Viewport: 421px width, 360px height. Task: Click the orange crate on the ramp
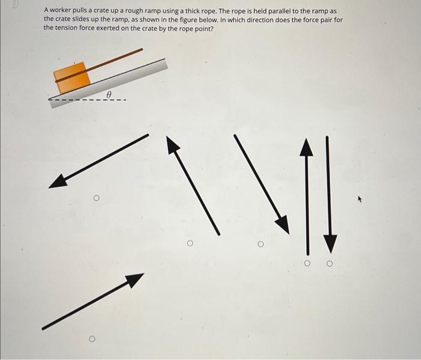click(72, 78)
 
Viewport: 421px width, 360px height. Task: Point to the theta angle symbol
click(109, 94)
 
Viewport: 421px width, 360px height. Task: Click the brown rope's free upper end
click(142, 49)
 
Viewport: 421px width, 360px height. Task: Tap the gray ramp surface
click(109, 83)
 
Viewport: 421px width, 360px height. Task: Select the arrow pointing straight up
click(307, 197)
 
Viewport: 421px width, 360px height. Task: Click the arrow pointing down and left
click(98, 161)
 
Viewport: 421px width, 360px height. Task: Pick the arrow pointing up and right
click(93, 302)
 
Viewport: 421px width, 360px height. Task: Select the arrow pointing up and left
click(193, 185)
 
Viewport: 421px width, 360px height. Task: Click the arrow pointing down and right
click(262, 184)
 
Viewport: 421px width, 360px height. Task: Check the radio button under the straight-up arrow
click(307, 263)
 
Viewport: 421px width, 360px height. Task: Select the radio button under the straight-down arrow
click(330, 264)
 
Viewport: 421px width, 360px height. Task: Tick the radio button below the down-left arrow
click(96, 198)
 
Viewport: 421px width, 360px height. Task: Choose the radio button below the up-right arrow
click(92, 339)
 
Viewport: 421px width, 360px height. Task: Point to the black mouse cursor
click(360, 199)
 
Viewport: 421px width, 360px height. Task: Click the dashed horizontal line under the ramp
click(87, 100)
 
